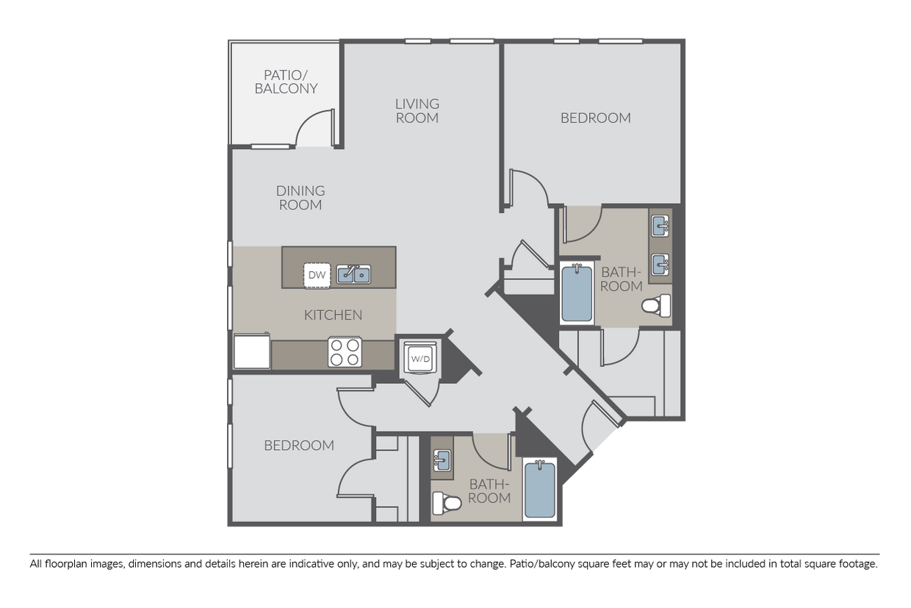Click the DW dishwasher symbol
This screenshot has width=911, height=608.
click(317, 276)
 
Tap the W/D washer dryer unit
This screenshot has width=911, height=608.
click(420, 358)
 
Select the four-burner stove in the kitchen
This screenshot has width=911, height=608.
click(345, 352)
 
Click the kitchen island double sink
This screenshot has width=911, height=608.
click(353, 274)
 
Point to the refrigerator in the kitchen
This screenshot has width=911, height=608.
click(252, 351)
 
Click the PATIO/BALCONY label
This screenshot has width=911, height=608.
click(286, 82)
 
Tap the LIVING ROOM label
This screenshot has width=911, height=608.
click(417, 111)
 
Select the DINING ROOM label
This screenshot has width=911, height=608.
click(300, 198)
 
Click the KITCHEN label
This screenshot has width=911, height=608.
click(333, 315)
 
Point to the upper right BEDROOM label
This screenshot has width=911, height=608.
click(596, 118)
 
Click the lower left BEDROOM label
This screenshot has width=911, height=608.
click(299, 446)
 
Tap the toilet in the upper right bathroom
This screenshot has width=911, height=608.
click(656, 306)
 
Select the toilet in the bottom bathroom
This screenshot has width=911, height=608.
click(447, 503)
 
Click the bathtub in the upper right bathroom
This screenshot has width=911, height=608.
click(577, 293)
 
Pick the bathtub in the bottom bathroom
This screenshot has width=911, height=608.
click(540, 490)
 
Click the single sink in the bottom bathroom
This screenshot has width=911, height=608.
click(442, 460)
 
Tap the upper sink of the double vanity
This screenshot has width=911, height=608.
click(660, 226)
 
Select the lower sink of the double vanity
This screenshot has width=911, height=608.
click(660, 265)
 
